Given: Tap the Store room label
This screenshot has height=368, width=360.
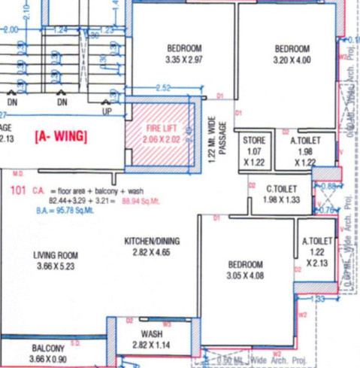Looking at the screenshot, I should [254, 140].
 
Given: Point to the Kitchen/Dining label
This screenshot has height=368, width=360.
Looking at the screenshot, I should [152, 241].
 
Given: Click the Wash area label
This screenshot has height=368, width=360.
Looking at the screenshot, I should [152, 333].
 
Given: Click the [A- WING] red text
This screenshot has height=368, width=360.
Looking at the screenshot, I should [61, 137].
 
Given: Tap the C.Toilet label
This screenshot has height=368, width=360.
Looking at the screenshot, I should [282, 189].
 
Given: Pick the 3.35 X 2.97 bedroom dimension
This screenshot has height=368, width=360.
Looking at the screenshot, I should [184, 59].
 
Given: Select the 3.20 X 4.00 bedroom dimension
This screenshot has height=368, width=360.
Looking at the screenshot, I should [292, 59].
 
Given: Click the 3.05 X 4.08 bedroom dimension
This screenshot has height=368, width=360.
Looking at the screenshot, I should [246, 276].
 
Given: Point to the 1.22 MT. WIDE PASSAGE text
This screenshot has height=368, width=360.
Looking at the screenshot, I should [217, 138].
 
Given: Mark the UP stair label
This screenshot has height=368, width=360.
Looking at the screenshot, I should [107, 111].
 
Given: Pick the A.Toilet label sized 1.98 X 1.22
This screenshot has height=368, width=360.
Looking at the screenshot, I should [305, 140].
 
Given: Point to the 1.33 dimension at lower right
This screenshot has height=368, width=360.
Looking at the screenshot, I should [317, 300].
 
